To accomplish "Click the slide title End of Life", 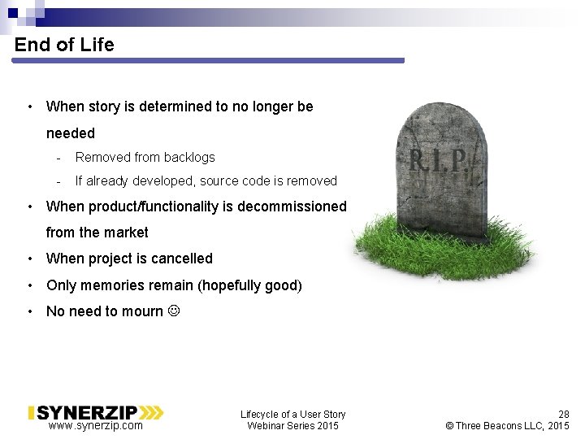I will (x=64, y=45).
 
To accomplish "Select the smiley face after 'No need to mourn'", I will (x=172, y=311).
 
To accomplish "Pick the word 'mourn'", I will (x=143, y=311).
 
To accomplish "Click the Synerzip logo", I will (x=96, y=412).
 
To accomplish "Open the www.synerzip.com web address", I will (x=96, y=425).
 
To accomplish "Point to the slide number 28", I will (x=563, y=415).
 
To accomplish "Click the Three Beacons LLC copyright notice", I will (x=508, y=426).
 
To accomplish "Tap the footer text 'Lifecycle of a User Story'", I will (x=292, y=415).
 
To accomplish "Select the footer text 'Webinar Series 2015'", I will (x=292, y=426).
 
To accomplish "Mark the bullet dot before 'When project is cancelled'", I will (x=29, y=259).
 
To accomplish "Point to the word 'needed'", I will (x=71, y=133).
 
